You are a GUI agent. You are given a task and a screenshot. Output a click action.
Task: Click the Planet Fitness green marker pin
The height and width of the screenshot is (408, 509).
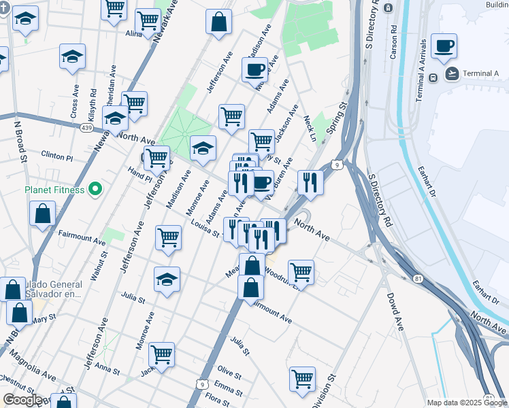[x=95, y=189]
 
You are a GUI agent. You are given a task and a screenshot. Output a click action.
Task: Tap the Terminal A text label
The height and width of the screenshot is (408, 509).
[x=481, y=73]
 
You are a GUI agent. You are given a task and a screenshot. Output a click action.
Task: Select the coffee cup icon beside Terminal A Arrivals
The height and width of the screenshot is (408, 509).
[x=444, y=46]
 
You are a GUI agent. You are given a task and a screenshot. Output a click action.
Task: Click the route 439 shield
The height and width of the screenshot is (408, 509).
[x=86, y=127]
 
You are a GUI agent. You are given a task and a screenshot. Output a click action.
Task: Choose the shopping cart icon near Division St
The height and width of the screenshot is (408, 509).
[x=302, y=379]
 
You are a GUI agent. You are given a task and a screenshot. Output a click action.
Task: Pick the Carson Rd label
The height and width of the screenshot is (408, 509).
[x=393, y=43]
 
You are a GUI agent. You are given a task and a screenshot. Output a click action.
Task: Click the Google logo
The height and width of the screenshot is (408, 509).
[x=22, y=400]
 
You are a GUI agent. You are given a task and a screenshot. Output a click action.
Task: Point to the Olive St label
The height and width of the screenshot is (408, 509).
[x=229, y=371]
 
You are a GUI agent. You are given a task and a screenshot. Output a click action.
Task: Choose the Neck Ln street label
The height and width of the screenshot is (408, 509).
[x=310, y=128]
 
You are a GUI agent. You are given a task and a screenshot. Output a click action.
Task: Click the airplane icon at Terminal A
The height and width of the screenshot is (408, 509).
[x=451, y=73]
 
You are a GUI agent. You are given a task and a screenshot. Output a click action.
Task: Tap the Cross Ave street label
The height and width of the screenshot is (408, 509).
[x=76, y=103]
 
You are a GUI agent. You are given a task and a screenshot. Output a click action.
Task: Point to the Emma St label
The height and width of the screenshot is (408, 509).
[x=228, y=390]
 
